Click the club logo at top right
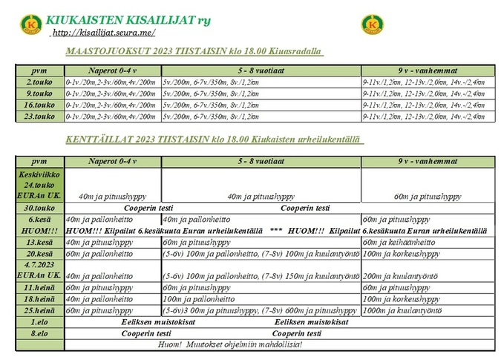(x=372, y=24)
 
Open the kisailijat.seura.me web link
(x=103, y=33)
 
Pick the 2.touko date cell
(x=40, y=82)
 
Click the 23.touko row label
(x=40, y=117)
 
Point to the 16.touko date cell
(x=40, y=105)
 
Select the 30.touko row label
(x=40, y=209)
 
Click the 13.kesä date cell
(x=40, y=242)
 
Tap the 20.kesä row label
(x=40, y=253)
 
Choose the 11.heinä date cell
(x=40, y=287)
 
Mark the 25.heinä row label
(x=40, y=310)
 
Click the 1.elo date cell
(x=40, y=321)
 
